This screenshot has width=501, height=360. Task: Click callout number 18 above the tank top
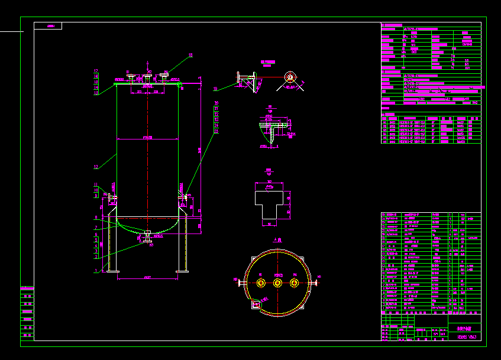190,55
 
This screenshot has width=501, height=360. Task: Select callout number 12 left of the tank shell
96,167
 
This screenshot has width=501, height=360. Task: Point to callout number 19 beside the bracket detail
215,89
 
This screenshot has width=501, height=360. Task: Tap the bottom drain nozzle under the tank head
147,236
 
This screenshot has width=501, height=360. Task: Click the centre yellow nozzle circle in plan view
277,283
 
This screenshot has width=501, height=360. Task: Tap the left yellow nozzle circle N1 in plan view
260,283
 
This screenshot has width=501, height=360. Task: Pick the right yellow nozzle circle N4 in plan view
293,283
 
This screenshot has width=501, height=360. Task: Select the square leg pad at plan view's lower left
256,304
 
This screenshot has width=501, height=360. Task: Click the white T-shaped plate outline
270,203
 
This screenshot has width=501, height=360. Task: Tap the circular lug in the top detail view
289,77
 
